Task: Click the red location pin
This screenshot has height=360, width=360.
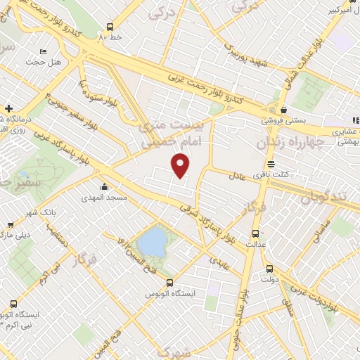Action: pyautogui.click(x=181, y=165)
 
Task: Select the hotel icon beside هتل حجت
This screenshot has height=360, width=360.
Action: pyautogui.click(x=43, y=52)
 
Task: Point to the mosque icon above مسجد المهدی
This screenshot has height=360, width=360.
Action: pyautogui.click(x=105, y=186)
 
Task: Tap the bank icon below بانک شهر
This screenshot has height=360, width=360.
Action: pyautogui.click(x=11, y=225)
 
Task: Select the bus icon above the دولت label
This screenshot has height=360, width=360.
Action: pyautogui.click(x=269, y=269)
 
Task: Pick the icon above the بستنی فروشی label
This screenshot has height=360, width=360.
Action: pyautogui.click(x=283, y=110)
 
